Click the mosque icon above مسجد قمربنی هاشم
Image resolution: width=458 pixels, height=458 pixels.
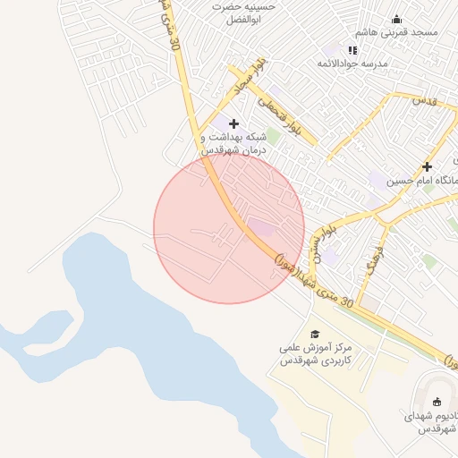[397, 20]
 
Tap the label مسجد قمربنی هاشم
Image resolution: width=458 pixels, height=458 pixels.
[397, 33]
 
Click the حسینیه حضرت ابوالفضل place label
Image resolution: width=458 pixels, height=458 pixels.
[243, 13]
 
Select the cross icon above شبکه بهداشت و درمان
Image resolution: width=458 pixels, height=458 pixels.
[234, 123]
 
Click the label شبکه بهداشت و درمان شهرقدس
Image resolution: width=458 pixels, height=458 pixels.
[233, 144]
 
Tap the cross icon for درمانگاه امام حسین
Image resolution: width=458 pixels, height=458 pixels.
[427, 166]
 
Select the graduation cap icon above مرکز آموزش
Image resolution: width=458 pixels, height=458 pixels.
[313, 333]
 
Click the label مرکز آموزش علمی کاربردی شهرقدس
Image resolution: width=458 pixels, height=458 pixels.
[311, 353]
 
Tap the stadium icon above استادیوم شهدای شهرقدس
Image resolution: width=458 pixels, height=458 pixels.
[437, 402]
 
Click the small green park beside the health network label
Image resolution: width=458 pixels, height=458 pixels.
[271, 136]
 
